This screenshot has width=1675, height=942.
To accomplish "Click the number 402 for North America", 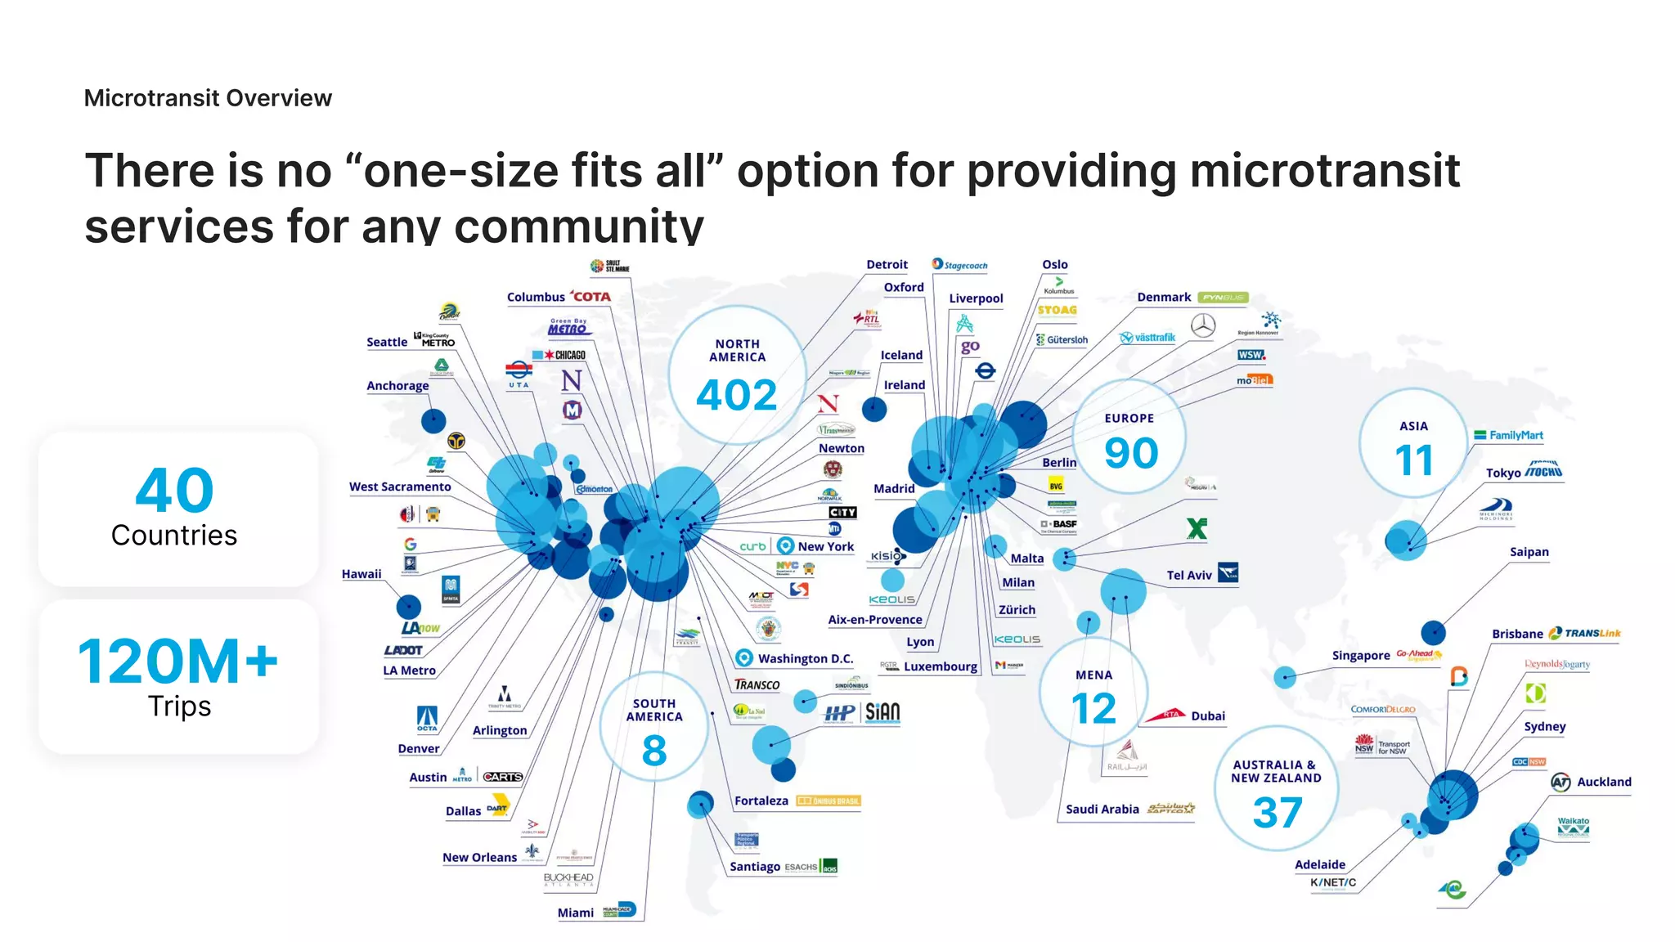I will (x=737, y=396).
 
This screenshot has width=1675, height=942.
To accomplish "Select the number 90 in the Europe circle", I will (x=1131, y=453).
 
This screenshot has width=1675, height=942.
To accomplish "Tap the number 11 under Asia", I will (x=1414, y=460).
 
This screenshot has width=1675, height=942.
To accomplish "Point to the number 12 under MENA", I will (x=1093, y=709).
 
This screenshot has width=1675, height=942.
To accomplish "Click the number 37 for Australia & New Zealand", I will (x=1277, y=813).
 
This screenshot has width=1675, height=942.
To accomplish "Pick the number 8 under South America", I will (x=654, y=751).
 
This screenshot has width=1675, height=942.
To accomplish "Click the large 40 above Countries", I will (x=174, y=491).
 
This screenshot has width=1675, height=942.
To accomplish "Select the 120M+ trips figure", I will (x=178, y=662).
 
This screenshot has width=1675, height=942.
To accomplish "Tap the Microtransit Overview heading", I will (x=208, y=98).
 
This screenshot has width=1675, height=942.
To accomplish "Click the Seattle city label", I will (x=387, y=342).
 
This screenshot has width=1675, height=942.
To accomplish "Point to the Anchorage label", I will (x=397, y=386).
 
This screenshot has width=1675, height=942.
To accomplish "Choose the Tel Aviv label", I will (x=1188, y=576).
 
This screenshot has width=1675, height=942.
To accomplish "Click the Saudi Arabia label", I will (x=1102, y=810).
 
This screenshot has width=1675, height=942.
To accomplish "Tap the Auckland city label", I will (x=1604, y=782).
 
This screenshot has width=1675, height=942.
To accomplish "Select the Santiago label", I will (x=755, y=867).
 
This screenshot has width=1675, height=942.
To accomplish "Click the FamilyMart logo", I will (x=1509, y=435).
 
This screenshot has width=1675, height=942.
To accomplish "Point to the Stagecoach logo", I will (x=960, y=265).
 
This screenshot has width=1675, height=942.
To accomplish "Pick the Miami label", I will (x=576, y=913).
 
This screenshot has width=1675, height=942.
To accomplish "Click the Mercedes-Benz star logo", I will (x=1202, y=325).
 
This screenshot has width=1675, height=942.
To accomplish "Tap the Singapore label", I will (x=1361, y=656).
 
